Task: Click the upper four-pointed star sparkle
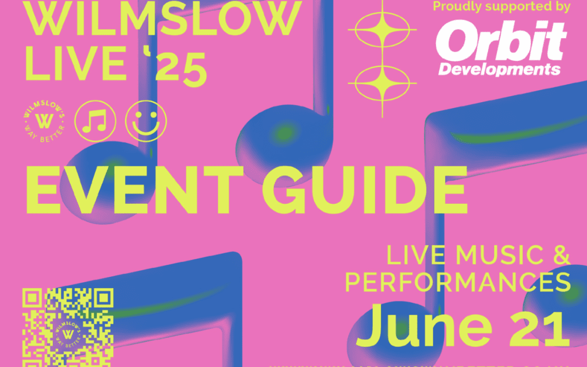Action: [383, 27]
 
